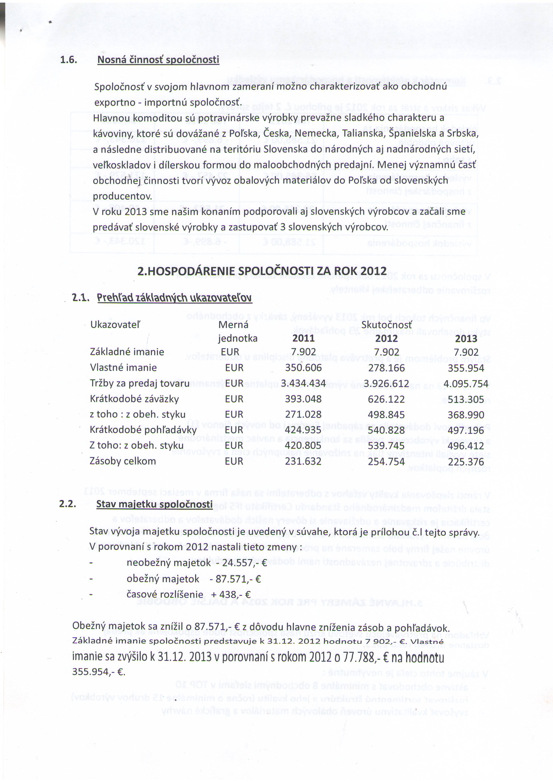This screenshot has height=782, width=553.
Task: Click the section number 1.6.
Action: click(x=68, y=60)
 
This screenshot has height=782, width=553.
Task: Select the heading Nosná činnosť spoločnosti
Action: click(x=158, y=60)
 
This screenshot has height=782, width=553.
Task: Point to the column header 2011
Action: click(x=303, y=338)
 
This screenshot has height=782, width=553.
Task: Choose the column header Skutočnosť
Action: click(x=386, y=325)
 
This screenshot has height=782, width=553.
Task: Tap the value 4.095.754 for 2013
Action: click(x=466, y=384)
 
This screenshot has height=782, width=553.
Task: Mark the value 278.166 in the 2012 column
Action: click(x=386, y=368)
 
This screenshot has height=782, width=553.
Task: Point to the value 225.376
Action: click(x=466, y=462)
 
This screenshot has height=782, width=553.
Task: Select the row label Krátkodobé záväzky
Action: click(x=134, y=399)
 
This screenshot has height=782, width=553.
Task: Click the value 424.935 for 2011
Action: click(x=303, y=430)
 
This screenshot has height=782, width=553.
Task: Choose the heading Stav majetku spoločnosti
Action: click(x=154, y=504)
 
